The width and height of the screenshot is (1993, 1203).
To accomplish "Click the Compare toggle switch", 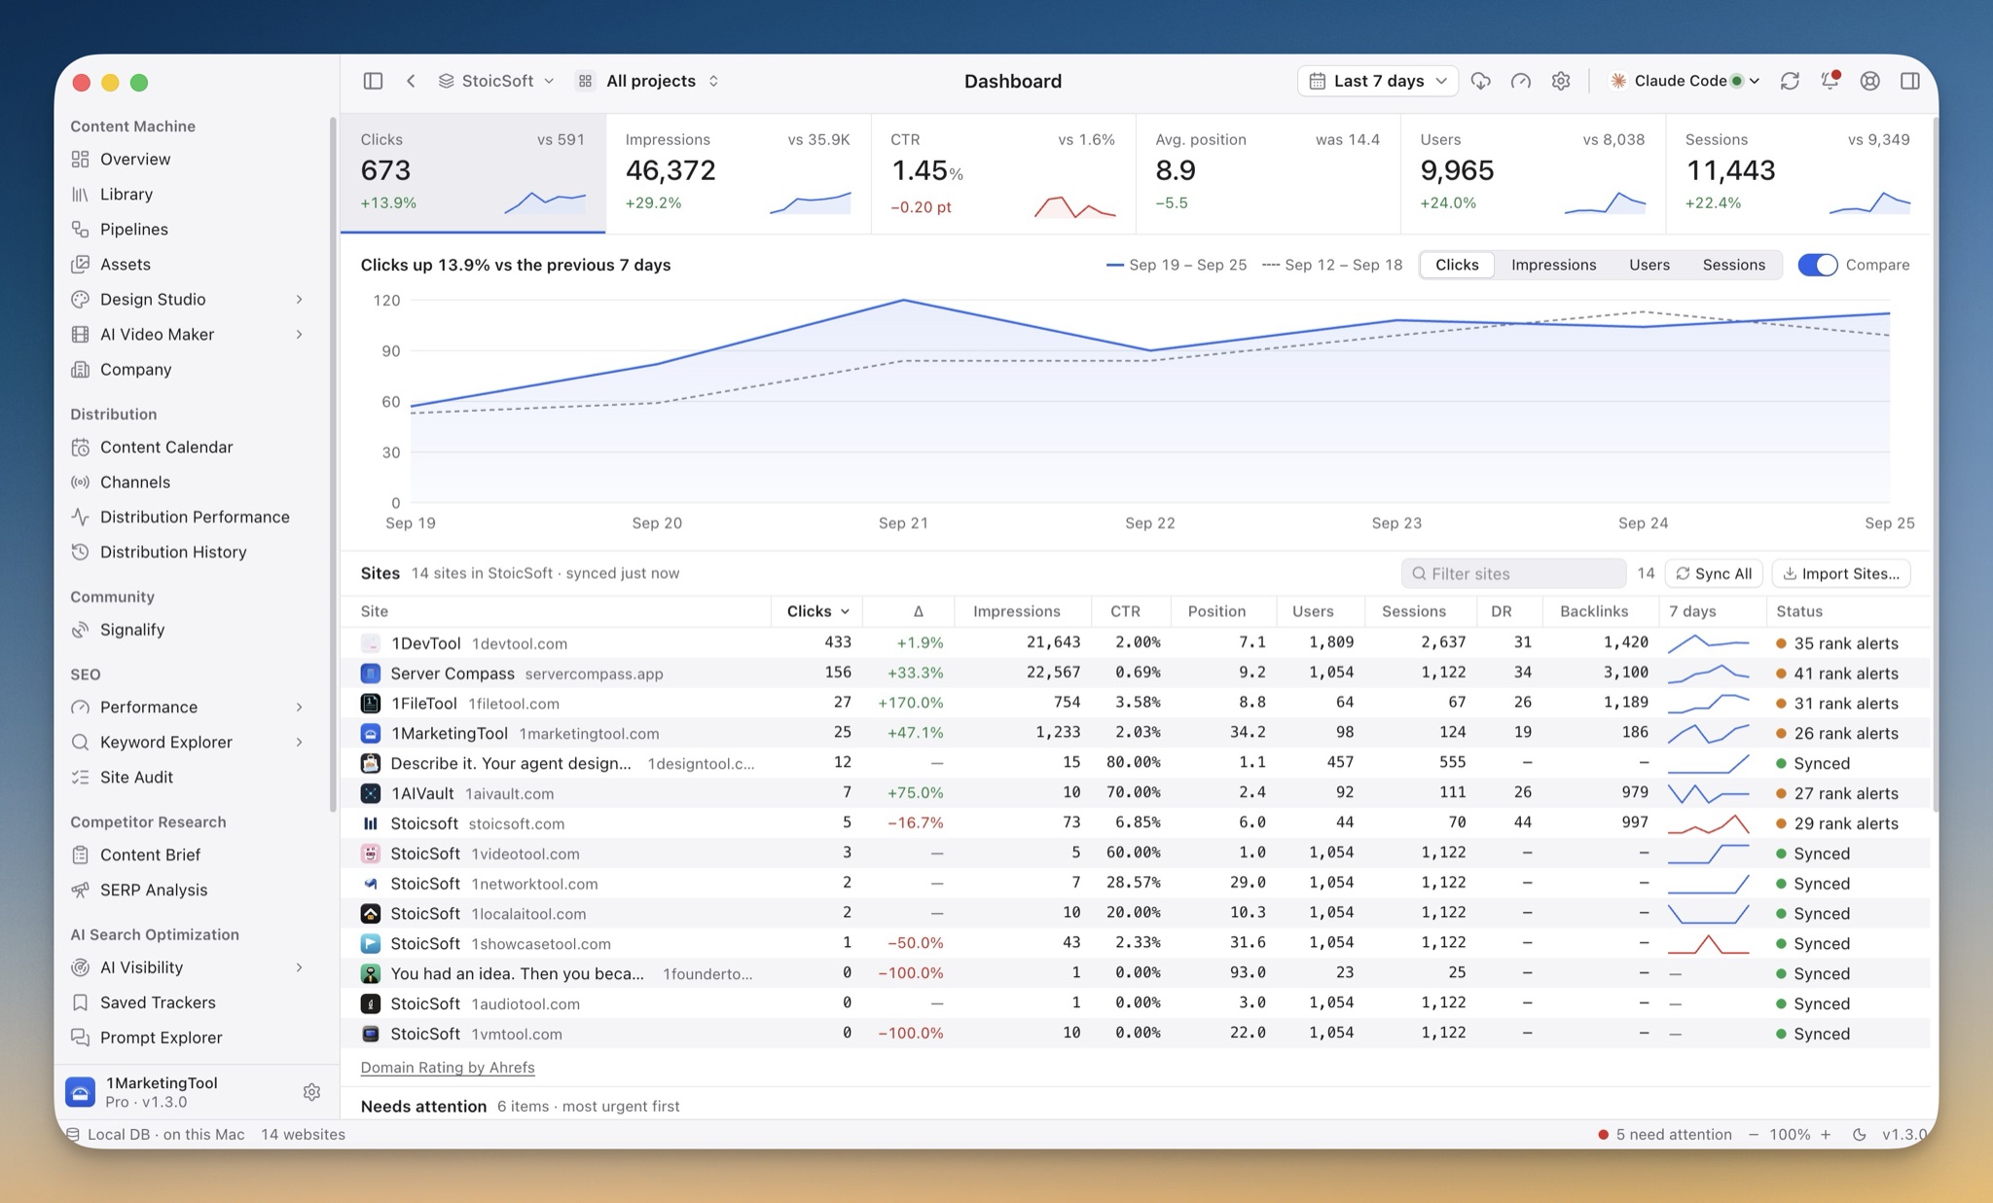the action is pyautogui.click(x=1817, y=265).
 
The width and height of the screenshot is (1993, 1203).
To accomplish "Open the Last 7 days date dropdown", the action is pyautogui.click(x=1377, y=81).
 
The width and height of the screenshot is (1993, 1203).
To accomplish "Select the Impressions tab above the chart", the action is pyautogui.click(x=1553, y=265).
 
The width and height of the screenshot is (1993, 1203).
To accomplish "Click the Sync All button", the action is pyautogui.click(x=1714, y=573).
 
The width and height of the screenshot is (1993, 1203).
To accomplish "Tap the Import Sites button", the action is pyautogui.click(x=1840, y=573).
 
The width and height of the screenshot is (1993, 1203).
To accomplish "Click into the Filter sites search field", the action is pyautogui.click(x=1513, y=573).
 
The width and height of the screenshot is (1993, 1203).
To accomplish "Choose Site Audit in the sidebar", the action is pyautogui.click(x=136, y=777).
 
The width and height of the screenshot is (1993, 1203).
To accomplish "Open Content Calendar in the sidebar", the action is pyautogui.click(x=166, y=447).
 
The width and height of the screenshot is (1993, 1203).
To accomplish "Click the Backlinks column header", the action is pyautogui.click(x=1593, y=611).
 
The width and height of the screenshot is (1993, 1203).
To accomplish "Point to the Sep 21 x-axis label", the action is pyautogui.click(x=903, y=523).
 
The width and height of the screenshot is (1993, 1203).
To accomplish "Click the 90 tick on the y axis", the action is pyautogui.click(x=390, y=350).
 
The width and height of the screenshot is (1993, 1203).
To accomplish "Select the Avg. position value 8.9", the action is pyautogui.click(x=1176, y=170).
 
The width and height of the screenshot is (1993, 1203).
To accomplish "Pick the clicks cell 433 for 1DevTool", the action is pyautogui.click(x=837, y=642).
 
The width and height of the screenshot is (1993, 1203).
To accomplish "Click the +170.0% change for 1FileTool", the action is pyautogui.click(x=910, y=703).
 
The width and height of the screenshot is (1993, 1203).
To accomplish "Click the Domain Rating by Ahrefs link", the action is pyautogui.click(x=448, y=1068).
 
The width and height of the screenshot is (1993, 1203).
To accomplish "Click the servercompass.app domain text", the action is pyautogui.click(x=594, y=674).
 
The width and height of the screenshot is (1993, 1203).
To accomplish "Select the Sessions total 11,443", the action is pyautogui.click(x=1730, y=170).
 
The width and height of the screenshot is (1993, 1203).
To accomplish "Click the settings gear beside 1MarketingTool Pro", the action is pyautogui.click(x=311, y=1092).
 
